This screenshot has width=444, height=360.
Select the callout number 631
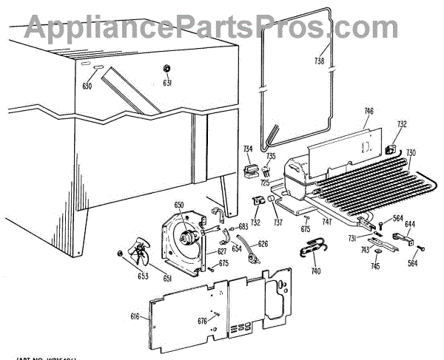(x=167, y=84)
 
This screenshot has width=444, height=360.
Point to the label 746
(x=368, y=112)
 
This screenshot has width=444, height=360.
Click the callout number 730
(x=411, y=153)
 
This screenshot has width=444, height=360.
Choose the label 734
(x=248, y=149)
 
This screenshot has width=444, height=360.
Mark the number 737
(x=279, y=223)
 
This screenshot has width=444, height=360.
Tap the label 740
(x=316, y=272)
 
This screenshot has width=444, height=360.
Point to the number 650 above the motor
(x=178, y=204)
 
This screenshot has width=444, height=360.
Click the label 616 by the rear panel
(x=135, y=316)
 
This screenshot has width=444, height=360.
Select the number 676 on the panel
(x=201, y=320)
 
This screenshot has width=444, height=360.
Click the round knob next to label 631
(x=167, y=69)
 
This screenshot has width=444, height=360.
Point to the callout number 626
(x=263, y=243)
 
